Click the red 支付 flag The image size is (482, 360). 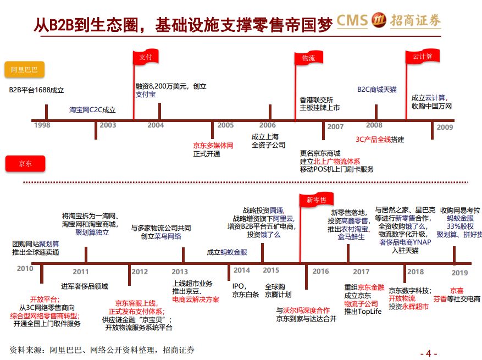[146, 57]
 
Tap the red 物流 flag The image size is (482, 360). [308, 58]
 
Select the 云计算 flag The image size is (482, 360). [422, 57]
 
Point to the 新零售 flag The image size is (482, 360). [317, 200]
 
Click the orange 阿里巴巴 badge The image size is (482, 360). [25, 69]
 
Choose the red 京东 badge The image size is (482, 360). [25, 164]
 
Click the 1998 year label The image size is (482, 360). [42, 125]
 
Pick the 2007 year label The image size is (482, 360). [335, 126]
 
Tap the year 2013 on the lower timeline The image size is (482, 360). [180, 272]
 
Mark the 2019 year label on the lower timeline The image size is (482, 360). [459, 273]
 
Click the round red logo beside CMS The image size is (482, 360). [379, 20]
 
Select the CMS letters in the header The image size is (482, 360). [352, 20]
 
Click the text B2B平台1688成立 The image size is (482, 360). [37, 90]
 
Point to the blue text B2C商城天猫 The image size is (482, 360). [377, 90]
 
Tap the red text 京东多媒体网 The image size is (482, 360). [213, 146]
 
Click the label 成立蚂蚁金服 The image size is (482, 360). [227, 252]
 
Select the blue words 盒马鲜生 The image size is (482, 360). [351, 237]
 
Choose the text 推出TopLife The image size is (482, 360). [363, 312]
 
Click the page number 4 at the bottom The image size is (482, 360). [429, 353]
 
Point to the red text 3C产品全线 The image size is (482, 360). [373, 139]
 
